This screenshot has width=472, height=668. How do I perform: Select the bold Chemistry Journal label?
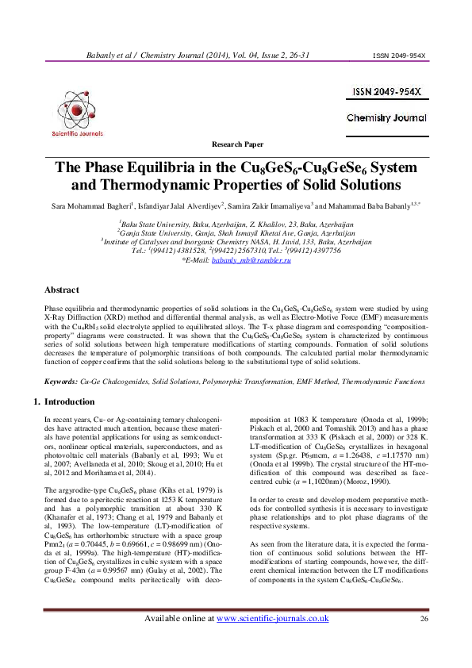(x=386, y=117)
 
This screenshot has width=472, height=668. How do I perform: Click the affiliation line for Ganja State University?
(x=236, y=233)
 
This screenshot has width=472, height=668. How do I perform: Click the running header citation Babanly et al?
(x=111, y=56)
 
